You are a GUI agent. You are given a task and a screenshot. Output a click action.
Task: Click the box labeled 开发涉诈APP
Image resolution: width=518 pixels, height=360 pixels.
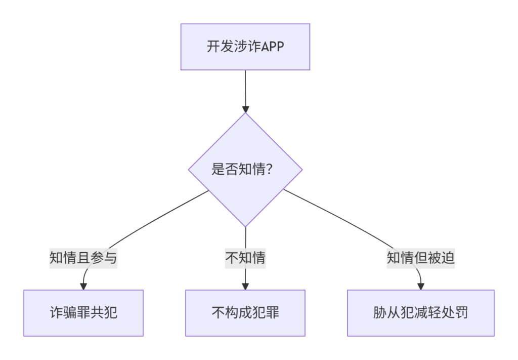(245, 47)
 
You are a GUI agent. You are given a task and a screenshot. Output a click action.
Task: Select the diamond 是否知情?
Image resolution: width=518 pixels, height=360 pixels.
(245, 170)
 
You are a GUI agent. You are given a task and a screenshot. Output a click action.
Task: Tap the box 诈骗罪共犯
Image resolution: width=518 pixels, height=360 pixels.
(83, 313)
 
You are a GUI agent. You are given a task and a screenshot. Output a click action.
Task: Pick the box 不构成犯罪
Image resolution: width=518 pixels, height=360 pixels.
(245, 313)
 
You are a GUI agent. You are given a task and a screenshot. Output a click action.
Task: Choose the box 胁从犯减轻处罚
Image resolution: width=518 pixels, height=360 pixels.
(420, 313)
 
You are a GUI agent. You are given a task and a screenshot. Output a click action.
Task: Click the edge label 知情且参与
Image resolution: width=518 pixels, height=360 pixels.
(83, 258)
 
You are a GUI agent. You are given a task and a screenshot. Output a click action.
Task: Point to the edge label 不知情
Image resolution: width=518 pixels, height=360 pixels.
(245, 258)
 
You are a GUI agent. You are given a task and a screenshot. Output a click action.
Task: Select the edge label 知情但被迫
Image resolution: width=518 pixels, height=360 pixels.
(420, 258)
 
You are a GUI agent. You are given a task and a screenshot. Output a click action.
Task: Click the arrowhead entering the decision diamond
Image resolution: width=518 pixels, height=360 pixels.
(245, 109)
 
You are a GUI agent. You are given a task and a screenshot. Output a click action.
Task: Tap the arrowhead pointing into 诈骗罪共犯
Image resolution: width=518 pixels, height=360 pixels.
(83, 287)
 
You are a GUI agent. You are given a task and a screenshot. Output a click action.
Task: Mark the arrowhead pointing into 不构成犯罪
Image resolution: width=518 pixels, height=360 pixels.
(245, 287)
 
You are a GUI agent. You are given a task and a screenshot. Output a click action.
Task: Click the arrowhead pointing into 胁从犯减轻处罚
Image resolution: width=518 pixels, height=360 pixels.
(420, 287)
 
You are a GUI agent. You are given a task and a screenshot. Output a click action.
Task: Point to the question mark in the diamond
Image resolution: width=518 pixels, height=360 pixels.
(269, 169)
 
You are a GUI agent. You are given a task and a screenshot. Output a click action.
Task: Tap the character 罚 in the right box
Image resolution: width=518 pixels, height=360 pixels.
(461, 313)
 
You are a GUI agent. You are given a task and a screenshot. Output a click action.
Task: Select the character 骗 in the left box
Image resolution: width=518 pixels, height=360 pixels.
(70, 313)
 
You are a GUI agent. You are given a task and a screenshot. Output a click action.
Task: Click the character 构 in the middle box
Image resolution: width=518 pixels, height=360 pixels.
(232, 313)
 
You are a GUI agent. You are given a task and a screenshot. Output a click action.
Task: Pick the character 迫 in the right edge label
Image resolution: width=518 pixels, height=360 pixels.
(448, 258)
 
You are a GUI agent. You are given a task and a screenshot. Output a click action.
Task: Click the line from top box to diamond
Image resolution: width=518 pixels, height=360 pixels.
(245, 88)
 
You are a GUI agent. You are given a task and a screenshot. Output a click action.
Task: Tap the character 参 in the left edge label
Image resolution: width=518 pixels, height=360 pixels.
(97, 258)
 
